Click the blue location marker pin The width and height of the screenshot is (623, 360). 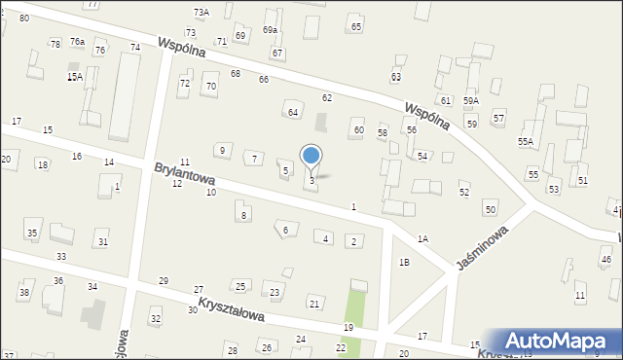[x=311, y=156]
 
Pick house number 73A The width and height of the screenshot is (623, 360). [x=201, y=12]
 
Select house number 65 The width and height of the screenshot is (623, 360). [x=356, y=27]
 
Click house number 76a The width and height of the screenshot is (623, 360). [x=77, y=41]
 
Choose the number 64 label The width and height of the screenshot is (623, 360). [x=292, y=113]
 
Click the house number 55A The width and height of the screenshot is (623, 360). [x=526, y=141]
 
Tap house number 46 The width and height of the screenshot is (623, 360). [x=605, y=260]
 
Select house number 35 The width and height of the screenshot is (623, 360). [x=32, y=234]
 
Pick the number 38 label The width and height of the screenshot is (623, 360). [x=24, y=293]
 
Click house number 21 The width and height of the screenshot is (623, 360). [x=313, y=305]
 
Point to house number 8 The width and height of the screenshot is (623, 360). [x=243, y=214]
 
